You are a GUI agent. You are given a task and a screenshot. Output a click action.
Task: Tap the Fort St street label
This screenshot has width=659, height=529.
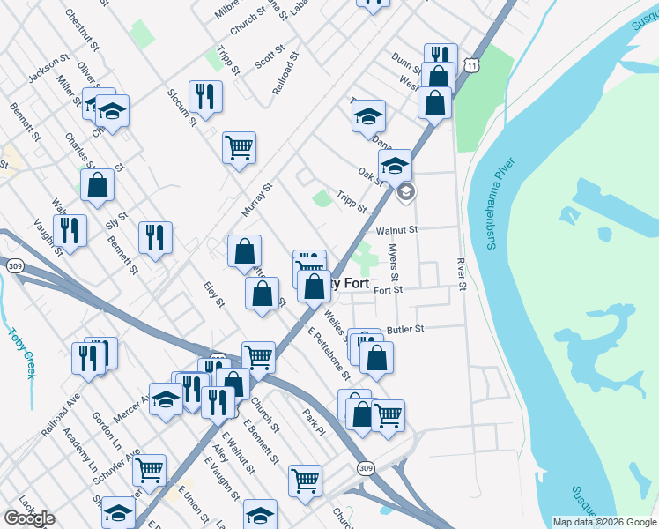pyautogui.click(x=388, y=289)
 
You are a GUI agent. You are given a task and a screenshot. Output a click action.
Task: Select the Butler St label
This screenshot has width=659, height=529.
pyautogui.click(x=405, y=328)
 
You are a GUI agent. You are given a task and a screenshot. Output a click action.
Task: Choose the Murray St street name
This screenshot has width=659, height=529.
pyautogui.click(x=258, y=200)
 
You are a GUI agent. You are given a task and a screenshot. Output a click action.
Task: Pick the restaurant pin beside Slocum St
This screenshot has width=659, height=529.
pyautogui.click(x=205, y=96)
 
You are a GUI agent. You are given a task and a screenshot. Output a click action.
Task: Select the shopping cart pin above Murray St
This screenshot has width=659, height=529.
pyautogui.click(x=239, y=147)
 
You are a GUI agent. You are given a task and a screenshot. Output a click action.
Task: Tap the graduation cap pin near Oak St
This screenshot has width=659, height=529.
pyautogui.click(x=396, y=165)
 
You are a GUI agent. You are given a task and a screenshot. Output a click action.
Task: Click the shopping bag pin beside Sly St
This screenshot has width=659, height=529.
pyautogui.click(x=97, y=185)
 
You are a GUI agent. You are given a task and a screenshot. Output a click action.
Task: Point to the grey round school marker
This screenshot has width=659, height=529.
pyautogui.click(x=405, y=191)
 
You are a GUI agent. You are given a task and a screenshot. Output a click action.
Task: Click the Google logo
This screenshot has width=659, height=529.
pyautogui.click(x=29, y=518)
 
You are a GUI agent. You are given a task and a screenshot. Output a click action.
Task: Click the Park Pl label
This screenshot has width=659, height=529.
pyautogui.click(x=314, y=421)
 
